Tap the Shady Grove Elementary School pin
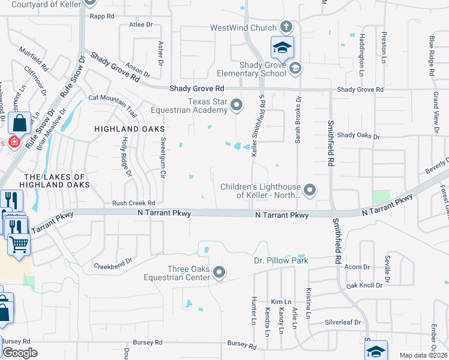295,69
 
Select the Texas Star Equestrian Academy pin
237,106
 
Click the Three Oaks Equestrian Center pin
219,272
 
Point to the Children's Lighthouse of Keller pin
310,191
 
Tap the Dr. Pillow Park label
280,261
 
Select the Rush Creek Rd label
134,203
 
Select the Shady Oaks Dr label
359,136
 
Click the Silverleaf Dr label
343,322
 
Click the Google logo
20,353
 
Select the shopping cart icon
19,244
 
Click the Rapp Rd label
102,17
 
